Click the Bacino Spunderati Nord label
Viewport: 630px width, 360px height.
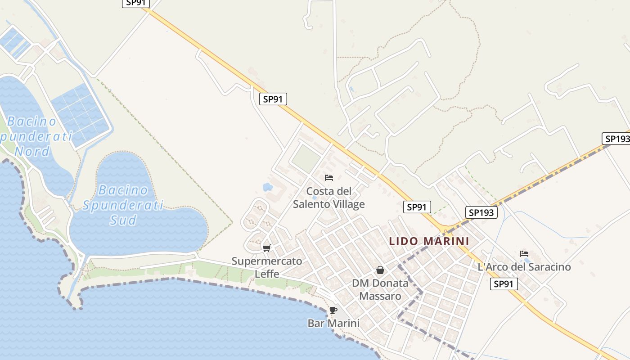(x=34, y=136)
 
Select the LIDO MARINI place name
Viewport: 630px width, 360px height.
(x=429, y=241)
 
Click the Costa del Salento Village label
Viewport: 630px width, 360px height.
(x=329, y=198)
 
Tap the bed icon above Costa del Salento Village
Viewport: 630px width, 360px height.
(x=329, y=178)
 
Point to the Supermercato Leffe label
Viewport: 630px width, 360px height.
(x=267, y=267)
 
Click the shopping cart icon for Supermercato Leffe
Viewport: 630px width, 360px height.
(x=267, y=248)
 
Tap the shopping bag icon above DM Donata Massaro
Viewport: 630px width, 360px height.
(x=380, y=270)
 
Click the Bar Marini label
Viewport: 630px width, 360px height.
(x=333, y=323)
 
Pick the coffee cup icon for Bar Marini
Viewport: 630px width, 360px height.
(x=333, y=310)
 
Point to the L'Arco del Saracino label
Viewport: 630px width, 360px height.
(x=524, y=267)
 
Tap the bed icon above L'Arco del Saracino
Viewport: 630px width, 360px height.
(x=524, y=254)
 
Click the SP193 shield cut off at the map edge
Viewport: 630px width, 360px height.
(x=616, y=139)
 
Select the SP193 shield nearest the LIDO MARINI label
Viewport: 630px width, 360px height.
(x=481, y=212)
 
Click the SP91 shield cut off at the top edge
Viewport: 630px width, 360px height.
(x=136, y=3)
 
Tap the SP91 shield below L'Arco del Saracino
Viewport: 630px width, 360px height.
(x=504, y=283)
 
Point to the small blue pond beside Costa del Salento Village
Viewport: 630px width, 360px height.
(x=267, y=186)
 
